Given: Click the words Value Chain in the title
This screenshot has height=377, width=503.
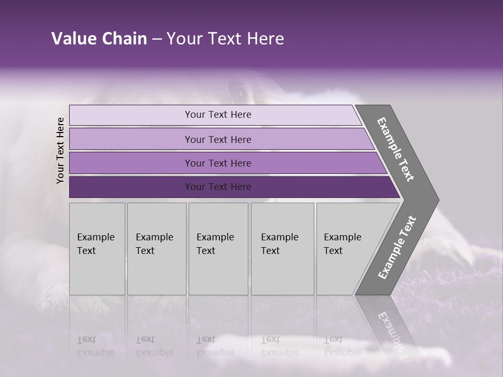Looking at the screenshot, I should click(99, 39).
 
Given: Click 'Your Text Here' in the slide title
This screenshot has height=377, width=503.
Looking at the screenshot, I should click(225, 39).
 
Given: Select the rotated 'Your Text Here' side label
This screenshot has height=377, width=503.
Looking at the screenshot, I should click(60, 150).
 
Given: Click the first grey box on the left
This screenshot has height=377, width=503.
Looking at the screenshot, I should click(97, 272).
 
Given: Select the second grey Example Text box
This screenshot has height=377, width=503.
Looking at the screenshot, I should click(157, 272).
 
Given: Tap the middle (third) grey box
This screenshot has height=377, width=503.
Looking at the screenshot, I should click(218, 272).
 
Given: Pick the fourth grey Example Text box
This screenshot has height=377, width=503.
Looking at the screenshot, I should click(282, 272).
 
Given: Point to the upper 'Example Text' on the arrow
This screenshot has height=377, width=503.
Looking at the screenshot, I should click(396, 149).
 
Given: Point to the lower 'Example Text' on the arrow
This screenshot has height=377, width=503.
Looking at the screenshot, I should click(397, 248).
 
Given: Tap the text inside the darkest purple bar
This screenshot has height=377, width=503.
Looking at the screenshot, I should click(218, 187).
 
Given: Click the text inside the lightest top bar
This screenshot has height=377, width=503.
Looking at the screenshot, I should click(218, 115).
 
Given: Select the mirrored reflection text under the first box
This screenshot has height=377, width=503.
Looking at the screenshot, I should click(95, 346).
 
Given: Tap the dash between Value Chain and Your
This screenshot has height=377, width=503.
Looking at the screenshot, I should click(157, 39).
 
